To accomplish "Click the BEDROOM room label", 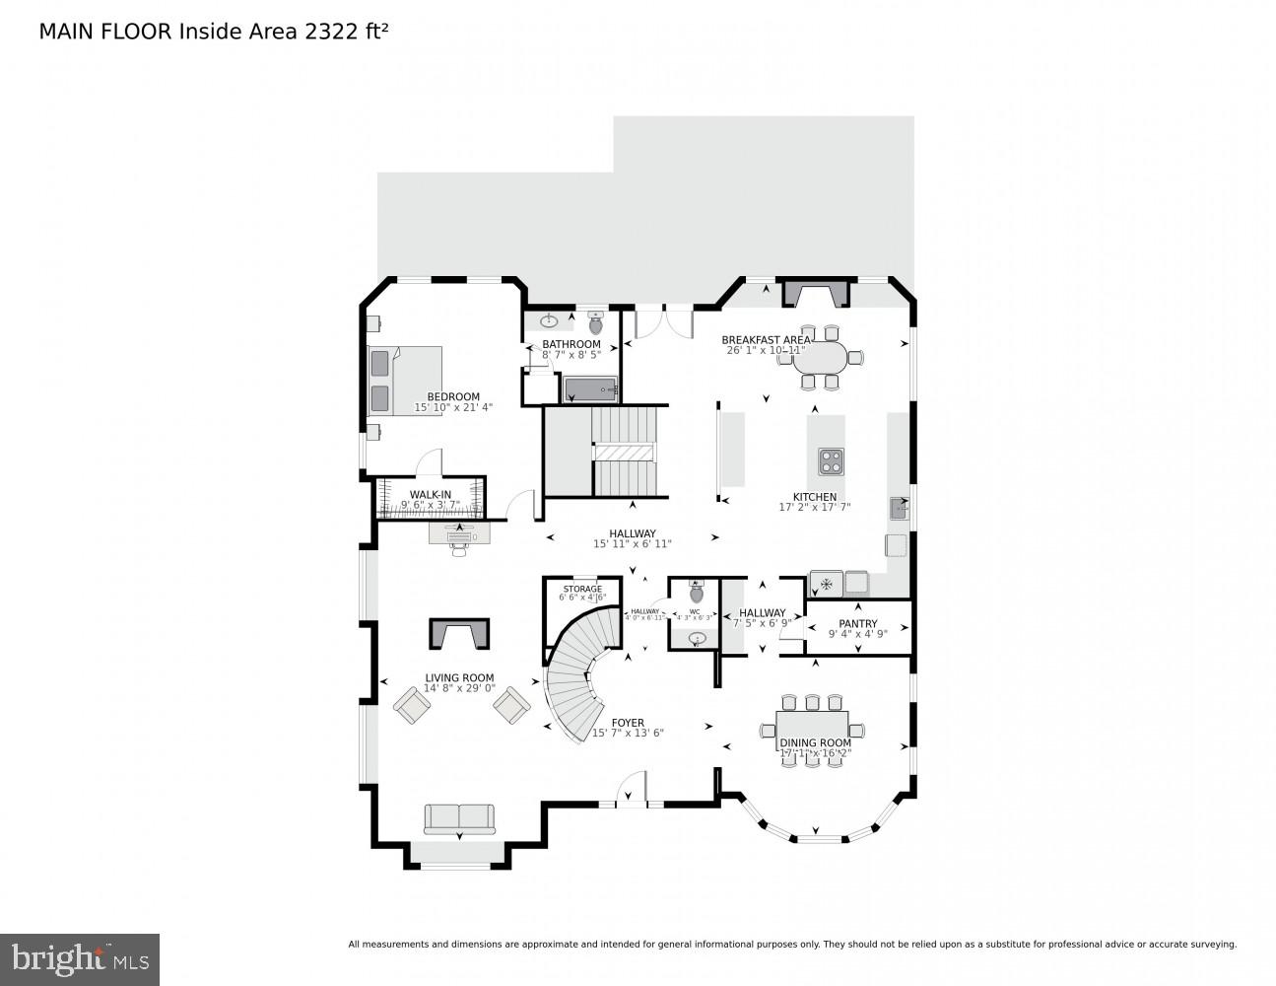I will click(453, 396).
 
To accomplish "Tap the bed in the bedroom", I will click(404, 381).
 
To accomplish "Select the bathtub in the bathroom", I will click(590, 390).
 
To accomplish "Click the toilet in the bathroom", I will click(595, 322).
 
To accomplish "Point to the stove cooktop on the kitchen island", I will click(831, 460).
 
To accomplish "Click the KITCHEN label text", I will click(815, 497).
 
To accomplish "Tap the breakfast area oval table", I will click(819, 357).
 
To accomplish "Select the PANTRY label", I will click(857, 624).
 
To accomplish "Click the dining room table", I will click(812, 730).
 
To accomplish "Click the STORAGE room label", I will click(582, 589).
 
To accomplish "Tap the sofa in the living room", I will click(459, 818).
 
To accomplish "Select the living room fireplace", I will click(459, 633).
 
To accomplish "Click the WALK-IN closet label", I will click(431, 494).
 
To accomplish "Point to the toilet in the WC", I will click(697, 593).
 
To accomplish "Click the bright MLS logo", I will click(80, 958).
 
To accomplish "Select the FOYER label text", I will click(628, 723).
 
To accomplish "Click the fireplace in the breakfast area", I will click(814, 293).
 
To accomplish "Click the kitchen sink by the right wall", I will click(899, 509).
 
